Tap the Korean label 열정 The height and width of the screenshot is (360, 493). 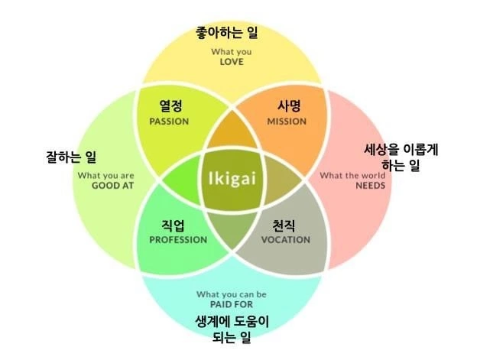pos(170,107)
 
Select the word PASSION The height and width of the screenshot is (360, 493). pos(169,122)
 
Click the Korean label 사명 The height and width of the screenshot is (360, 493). pos(287,107)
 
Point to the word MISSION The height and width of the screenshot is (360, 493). pos(287,122)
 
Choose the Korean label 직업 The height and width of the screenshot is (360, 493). pos(177,225)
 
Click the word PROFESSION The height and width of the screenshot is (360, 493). pos(178,240)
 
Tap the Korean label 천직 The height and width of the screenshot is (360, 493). pos(284,225)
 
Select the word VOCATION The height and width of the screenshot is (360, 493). pos(284,240)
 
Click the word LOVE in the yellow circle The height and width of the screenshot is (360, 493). pos(231,62)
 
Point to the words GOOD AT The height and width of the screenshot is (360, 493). pos(112,186)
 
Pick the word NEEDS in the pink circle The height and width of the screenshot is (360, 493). pos(370,186)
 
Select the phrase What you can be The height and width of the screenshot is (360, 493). pos(232,294)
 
